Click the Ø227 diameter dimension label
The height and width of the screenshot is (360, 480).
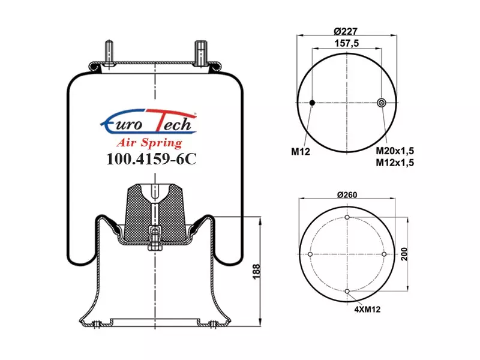click(346, 31)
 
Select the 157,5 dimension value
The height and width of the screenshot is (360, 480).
click(347, 43)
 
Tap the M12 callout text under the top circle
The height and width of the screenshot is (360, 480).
click(301, 151)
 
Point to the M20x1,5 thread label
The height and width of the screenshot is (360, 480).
click(395, 151)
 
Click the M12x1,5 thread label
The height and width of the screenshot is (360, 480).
click(395, 163)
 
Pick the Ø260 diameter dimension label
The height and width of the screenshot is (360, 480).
click(347, 194)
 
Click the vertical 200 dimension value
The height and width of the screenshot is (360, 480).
click(404, 254)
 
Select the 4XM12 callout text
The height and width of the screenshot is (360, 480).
click(367, 309)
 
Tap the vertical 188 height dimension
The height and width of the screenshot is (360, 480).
click(256, 272)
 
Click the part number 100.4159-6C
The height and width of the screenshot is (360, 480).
click(151, 159)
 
